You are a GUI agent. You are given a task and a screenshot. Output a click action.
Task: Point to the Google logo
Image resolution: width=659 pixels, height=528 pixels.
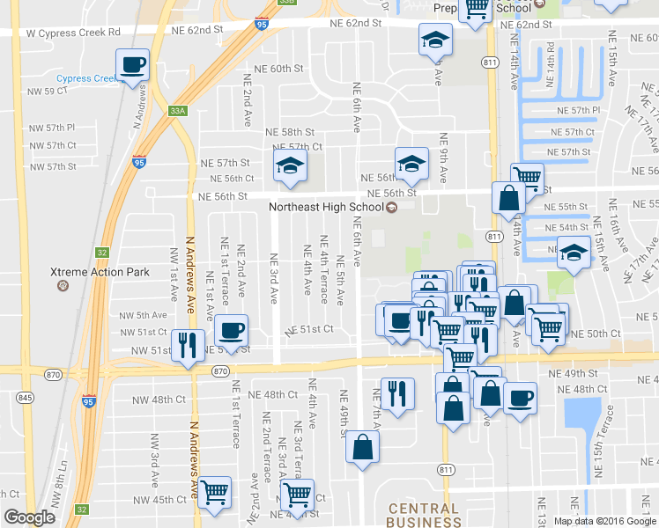click(29, 517)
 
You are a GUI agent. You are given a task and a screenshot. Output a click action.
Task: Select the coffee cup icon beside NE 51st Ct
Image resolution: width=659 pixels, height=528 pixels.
click(232, 330)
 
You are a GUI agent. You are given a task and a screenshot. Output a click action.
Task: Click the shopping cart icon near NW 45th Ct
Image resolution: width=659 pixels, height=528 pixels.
click(214, 492)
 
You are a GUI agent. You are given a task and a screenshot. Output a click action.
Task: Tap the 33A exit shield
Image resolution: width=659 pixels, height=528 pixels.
click(179, 111)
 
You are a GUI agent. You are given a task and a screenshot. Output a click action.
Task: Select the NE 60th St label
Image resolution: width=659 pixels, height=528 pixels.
click(278, 69)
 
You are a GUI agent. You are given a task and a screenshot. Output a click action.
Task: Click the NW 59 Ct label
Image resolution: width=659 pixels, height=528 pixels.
click(48, 91)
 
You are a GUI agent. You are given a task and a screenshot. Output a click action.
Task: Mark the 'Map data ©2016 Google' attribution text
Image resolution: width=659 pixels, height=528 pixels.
click(603, 520)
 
